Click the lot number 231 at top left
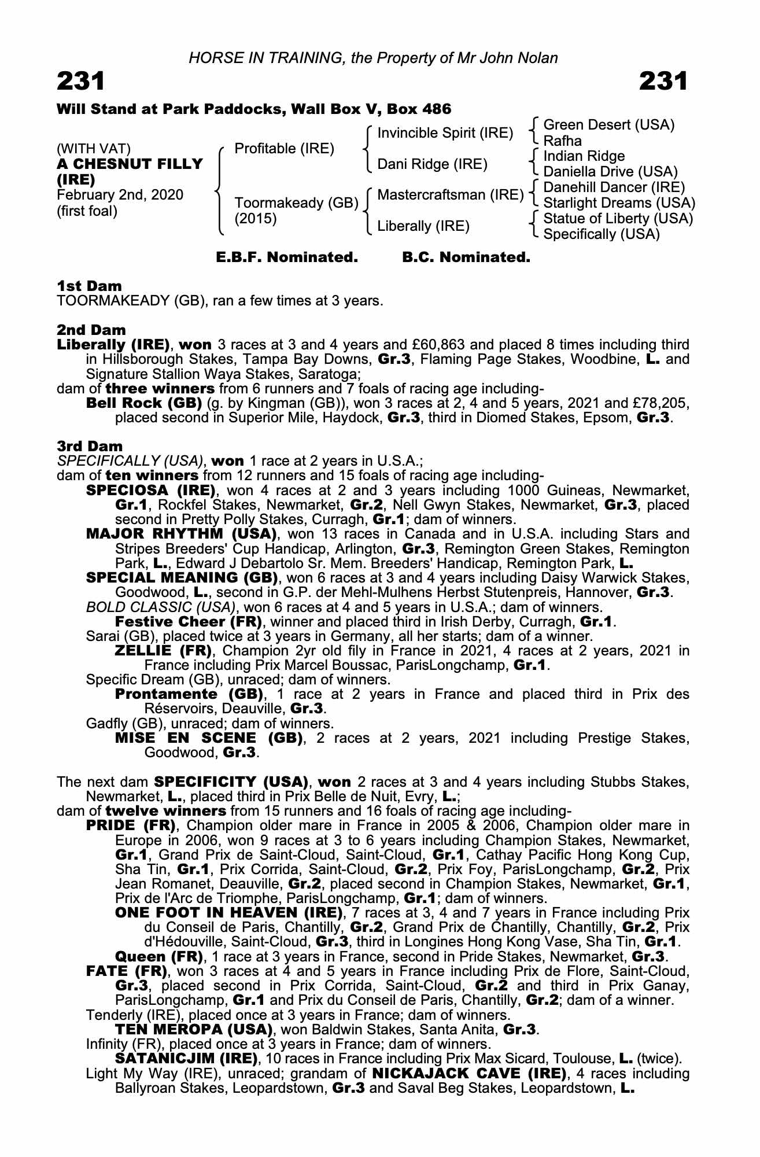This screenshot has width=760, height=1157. pyautogui.click(x=81, y=82)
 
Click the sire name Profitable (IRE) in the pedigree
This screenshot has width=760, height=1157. pyautogui.click(x=284, y=149)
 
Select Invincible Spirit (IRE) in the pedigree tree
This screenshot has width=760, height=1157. pyautogui.click(x=445, y=133)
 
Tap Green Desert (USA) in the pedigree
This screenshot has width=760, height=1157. pyautogui.click(x=609, y=125)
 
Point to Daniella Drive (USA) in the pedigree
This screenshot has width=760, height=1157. pyautogui.click(x=610, y=172)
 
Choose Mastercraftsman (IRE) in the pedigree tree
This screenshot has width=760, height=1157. pyautogui.click(x=450, y=195)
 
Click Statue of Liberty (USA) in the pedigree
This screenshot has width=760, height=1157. pyautogui.click(x=618, y=219)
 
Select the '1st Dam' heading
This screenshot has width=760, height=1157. pyautogui.click(x=89, y=286)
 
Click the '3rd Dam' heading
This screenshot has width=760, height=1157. pyautogui.click(x=90, y=446)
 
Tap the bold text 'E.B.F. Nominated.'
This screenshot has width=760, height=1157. pyautogui.click(x=287, y=257)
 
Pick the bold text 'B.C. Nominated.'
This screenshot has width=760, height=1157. pyautogui.click(x=466, y=257)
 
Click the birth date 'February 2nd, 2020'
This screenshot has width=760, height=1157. pyautogui.click(x=120, y=195)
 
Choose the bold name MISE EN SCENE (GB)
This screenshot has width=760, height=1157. pyautogui.click(x=208, y=738)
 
